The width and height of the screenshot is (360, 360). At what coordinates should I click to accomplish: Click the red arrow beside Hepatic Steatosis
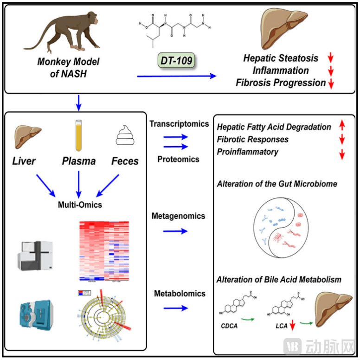click(x=330, y=58)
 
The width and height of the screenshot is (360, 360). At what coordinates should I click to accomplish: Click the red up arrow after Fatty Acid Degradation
click(x=342, y=127)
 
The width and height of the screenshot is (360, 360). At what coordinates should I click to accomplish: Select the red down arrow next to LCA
click(x=293, y=327)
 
